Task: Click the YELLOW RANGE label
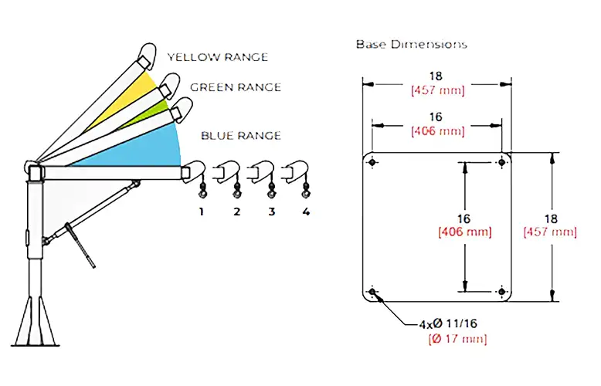(x=218, y=57)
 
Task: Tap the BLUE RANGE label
(x=241, y=136)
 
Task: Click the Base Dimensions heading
(x=412, y=44)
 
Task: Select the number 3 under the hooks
(x=272, y=211)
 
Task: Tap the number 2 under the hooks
(x=237, y=211)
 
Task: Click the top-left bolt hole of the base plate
(x=373, y=163)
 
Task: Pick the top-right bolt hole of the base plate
(x=503, y=163)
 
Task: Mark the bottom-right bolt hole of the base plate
(x=503, y=292)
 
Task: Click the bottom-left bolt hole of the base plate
(x=373, y=292)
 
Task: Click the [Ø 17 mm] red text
(x=452, y=340)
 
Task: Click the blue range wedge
(x=147, y=147)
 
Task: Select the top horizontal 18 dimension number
(x=437, y=77)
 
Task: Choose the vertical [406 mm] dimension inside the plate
(x=465, y=232)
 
